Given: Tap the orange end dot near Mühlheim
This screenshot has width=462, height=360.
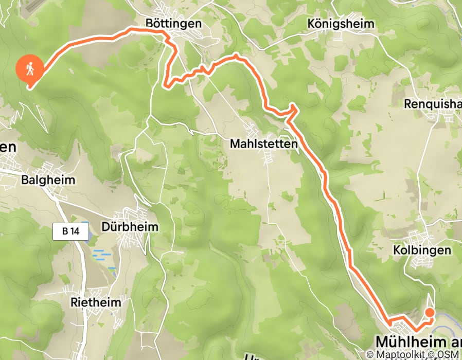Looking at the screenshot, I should click(x=429, y=312).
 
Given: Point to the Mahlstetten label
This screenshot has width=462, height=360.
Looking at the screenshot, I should click(x=263, y=145).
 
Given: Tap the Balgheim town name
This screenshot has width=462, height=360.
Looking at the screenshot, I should click(x=48, y=180).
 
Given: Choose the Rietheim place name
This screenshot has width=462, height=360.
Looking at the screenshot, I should click(x=97, y=302).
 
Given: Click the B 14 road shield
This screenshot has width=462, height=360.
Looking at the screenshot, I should click(x=70, y=231).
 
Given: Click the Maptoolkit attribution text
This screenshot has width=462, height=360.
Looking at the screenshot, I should click(x=399, y=354).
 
